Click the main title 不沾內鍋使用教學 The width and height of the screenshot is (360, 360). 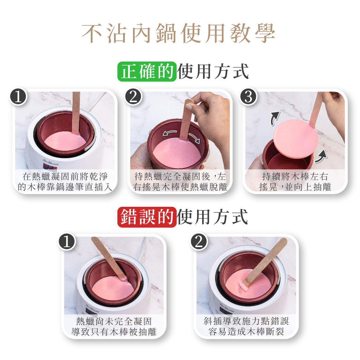click(x=178, y=33)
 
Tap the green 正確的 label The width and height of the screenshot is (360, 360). click(x=147, y=71)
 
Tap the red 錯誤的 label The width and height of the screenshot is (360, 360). click(x=147, y=217)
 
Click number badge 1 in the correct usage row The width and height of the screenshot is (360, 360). click(x=18, y=97)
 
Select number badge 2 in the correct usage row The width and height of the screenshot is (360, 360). click(x=134, y=97)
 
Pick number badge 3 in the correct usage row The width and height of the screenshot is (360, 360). click(x=249, y=97)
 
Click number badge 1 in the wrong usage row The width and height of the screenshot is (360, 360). click(x=67, y=242)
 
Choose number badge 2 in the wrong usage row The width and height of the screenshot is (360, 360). click(x=199, y=242)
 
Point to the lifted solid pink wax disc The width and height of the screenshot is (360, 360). click(x=296, y=139)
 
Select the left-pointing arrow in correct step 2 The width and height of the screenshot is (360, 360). click(x=170, y=133)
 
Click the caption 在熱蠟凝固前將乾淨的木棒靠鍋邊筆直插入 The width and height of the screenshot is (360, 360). click(x=65, y=182)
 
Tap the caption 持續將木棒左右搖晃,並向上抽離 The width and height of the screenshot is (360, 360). click(x=295, y=182)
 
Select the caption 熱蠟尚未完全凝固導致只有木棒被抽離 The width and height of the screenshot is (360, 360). click(x=114, y=326)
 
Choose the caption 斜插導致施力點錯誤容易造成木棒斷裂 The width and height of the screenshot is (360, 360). click(x=246, y=326)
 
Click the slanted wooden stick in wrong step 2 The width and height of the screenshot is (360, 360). click(x=264, y=262)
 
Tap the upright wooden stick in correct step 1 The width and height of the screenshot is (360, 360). click(x=76, y=113)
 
